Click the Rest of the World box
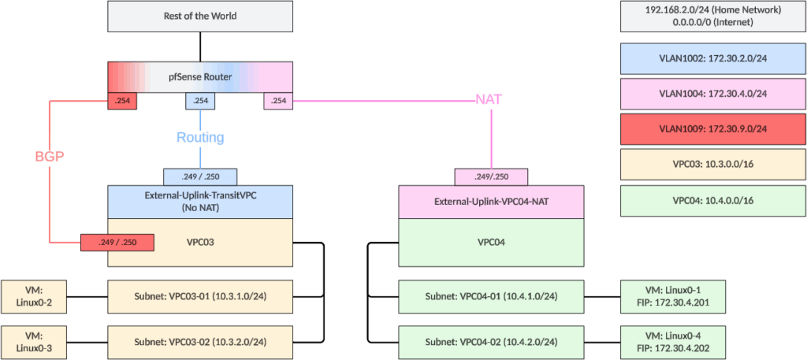(199, 16)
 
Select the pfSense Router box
(199, 78)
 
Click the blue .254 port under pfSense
(200, 101)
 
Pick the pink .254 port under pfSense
(277, 101)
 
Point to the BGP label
(49, 156)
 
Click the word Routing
(199, 138)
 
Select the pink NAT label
(489, 100)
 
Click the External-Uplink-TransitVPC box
(199, 202)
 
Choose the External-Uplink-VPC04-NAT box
(491, 202)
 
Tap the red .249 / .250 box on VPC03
(117, 242)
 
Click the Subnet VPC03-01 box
(199, 296)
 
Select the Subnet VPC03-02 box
(199, 341)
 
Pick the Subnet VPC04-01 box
(491, 296)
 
